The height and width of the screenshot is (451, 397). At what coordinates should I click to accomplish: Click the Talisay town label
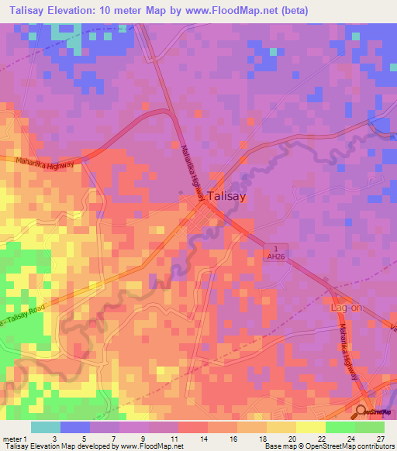230,197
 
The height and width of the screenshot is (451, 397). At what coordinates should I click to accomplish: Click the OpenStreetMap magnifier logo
361,411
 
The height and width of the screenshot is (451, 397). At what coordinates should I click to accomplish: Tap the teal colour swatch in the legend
46,427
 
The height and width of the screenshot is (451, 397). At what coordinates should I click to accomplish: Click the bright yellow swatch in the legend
310,427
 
